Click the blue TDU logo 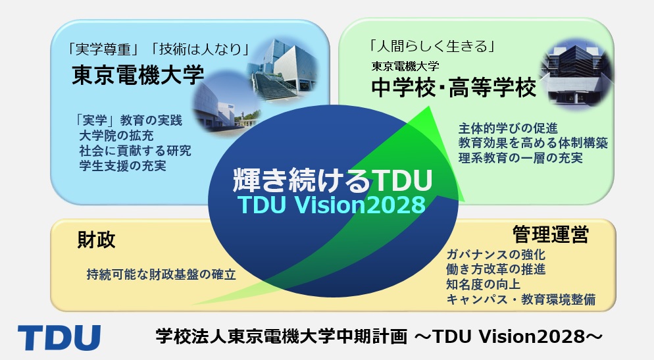[x=59, y=338]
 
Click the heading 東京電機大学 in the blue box [x=138, y=75]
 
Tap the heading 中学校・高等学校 [x=454, y=88]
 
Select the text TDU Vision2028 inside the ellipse [x=332, y=205]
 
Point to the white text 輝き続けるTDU [x=332, y=180]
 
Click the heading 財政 [x=96, y=240]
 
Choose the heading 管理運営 [x=551, y=234]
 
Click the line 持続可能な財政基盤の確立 [x=161, y=274]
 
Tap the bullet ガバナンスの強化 [x=495, y=255]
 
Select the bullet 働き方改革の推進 [x=495, y=269]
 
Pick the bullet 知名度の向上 [x=483, y=284]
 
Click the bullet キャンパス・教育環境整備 [x=520, y=299]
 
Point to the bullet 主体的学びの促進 [x=508, y=128]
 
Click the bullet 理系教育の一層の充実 [x=520, y=158]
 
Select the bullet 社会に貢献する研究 [x=135, y=151]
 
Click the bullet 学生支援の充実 [x=122, y=166]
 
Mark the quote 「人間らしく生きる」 [x=432, y=46]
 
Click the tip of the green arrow [x=428, y=107]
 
